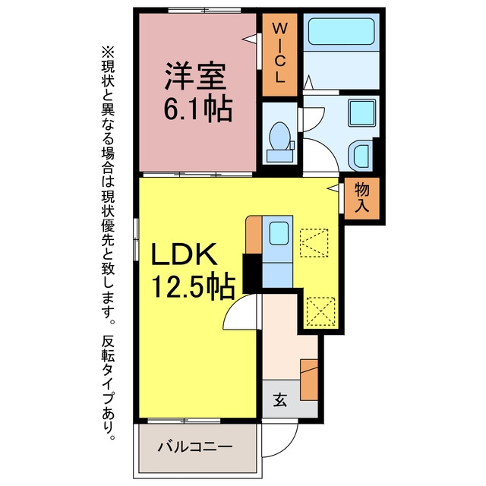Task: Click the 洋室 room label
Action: tap(195, 76)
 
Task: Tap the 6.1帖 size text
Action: tap(198, 109)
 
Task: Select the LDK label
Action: tap(184, 254)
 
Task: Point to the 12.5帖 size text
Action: tap(193, 286)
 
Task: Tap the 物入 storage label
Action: tap(361, 197)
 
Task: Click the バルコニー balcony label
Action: tap(195, 447)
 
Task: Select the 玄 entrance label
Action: tap(280, 400)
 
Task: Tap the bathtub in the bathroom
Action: tap(341, 32)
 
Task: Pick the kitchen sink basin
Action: tap(279, 233)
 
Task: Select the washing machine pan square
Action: tap(361, 113)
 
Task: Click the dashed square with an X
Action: tap(320, 311)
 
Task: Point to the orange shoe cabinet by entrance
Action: tap(309, 380)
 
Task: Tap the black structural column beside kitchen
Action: tap(252, 273)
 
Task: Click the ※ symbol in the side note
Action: tap(108, 52)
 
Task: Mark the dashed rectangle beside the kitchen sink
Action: tap(314, 243)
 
